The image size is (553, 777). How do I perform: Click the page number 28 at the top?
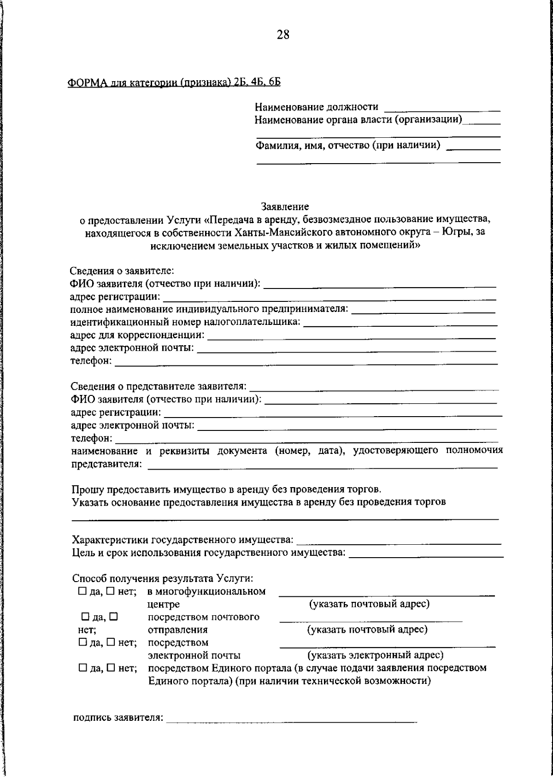tap(283, 35)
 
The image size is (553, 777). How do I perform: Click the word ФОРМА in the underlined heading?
tap(87, 82)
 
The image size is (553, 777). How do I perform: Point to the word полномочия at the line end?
tap(474, 450)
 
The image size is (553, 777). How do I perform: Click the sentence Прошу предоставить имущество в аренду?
tap(226, 489)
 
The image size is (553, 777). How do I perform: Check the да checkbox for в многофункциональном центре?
tap(82, 590)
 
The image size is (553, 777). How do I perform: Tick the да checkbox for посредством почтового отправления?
tap(85, 616)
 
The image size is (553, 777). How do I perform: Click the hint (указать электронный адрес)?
tap(375, 655)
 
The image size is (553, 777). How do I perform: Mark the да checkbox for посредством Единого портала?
tap(82, 667)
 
